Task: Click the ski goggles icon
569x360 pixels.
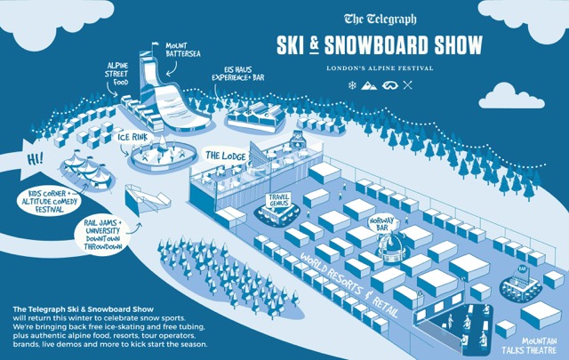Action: coord(389,87)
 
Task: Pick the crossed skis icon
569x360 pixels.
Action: coord(407,87)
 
